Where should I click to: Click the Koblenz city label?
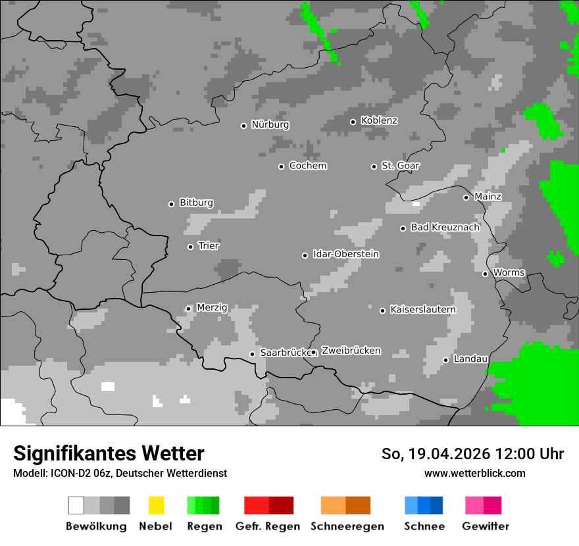pyautogui.click(x=379, y=121)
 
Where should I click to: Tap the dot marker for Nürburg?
pyautogui.click(x=243, y=126)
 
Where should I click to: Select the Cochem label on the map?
pyautogui.click(x=308, y=166)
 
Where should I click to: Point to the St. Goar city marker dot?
pyautogui.click(x=374, y=166)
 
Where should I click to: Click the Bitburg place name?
pyautogui.click(x=196, y=203)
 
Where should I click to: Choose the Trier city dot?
pyautogui.click(x=190, y=247)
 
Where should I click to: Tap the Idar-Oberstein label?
pyautogui.click(x=346, y=255)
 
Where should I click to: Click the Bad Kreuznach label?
pyautogui.click(x=445, y=228)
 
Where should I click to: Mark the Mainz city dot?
pyautogui.click(x=466, y=197)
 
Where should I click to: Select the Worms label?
pyautogui.click(x=509, y=273)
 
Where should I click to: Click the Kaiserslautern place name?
pyautogui.click(x=422, y=310)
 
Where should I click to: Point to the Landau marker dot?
pyautogui.click(x=445, y=360)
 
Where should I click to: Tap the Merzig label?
pyautogui.click(x=212, y=308)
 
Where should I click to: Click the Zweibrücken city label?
pyautogui.click(x=351, y=351)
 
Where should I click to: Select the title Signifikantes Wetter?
pyautogui.click(x=109, y=454)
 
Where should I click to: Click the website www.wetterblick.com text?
pyautogui.click(x=474, y=473)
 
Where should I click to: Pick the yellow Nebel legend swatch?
pyautogui.click(x=156, y=505)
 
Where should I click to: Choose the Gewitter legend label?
pyautogui.click(x=485, y=526)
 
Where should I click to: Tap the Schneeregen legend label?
pyautogui.click(x=347, y=526)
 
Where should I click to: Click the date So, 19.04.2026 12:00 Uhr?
pyautogui.click(x=472, y=454)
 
